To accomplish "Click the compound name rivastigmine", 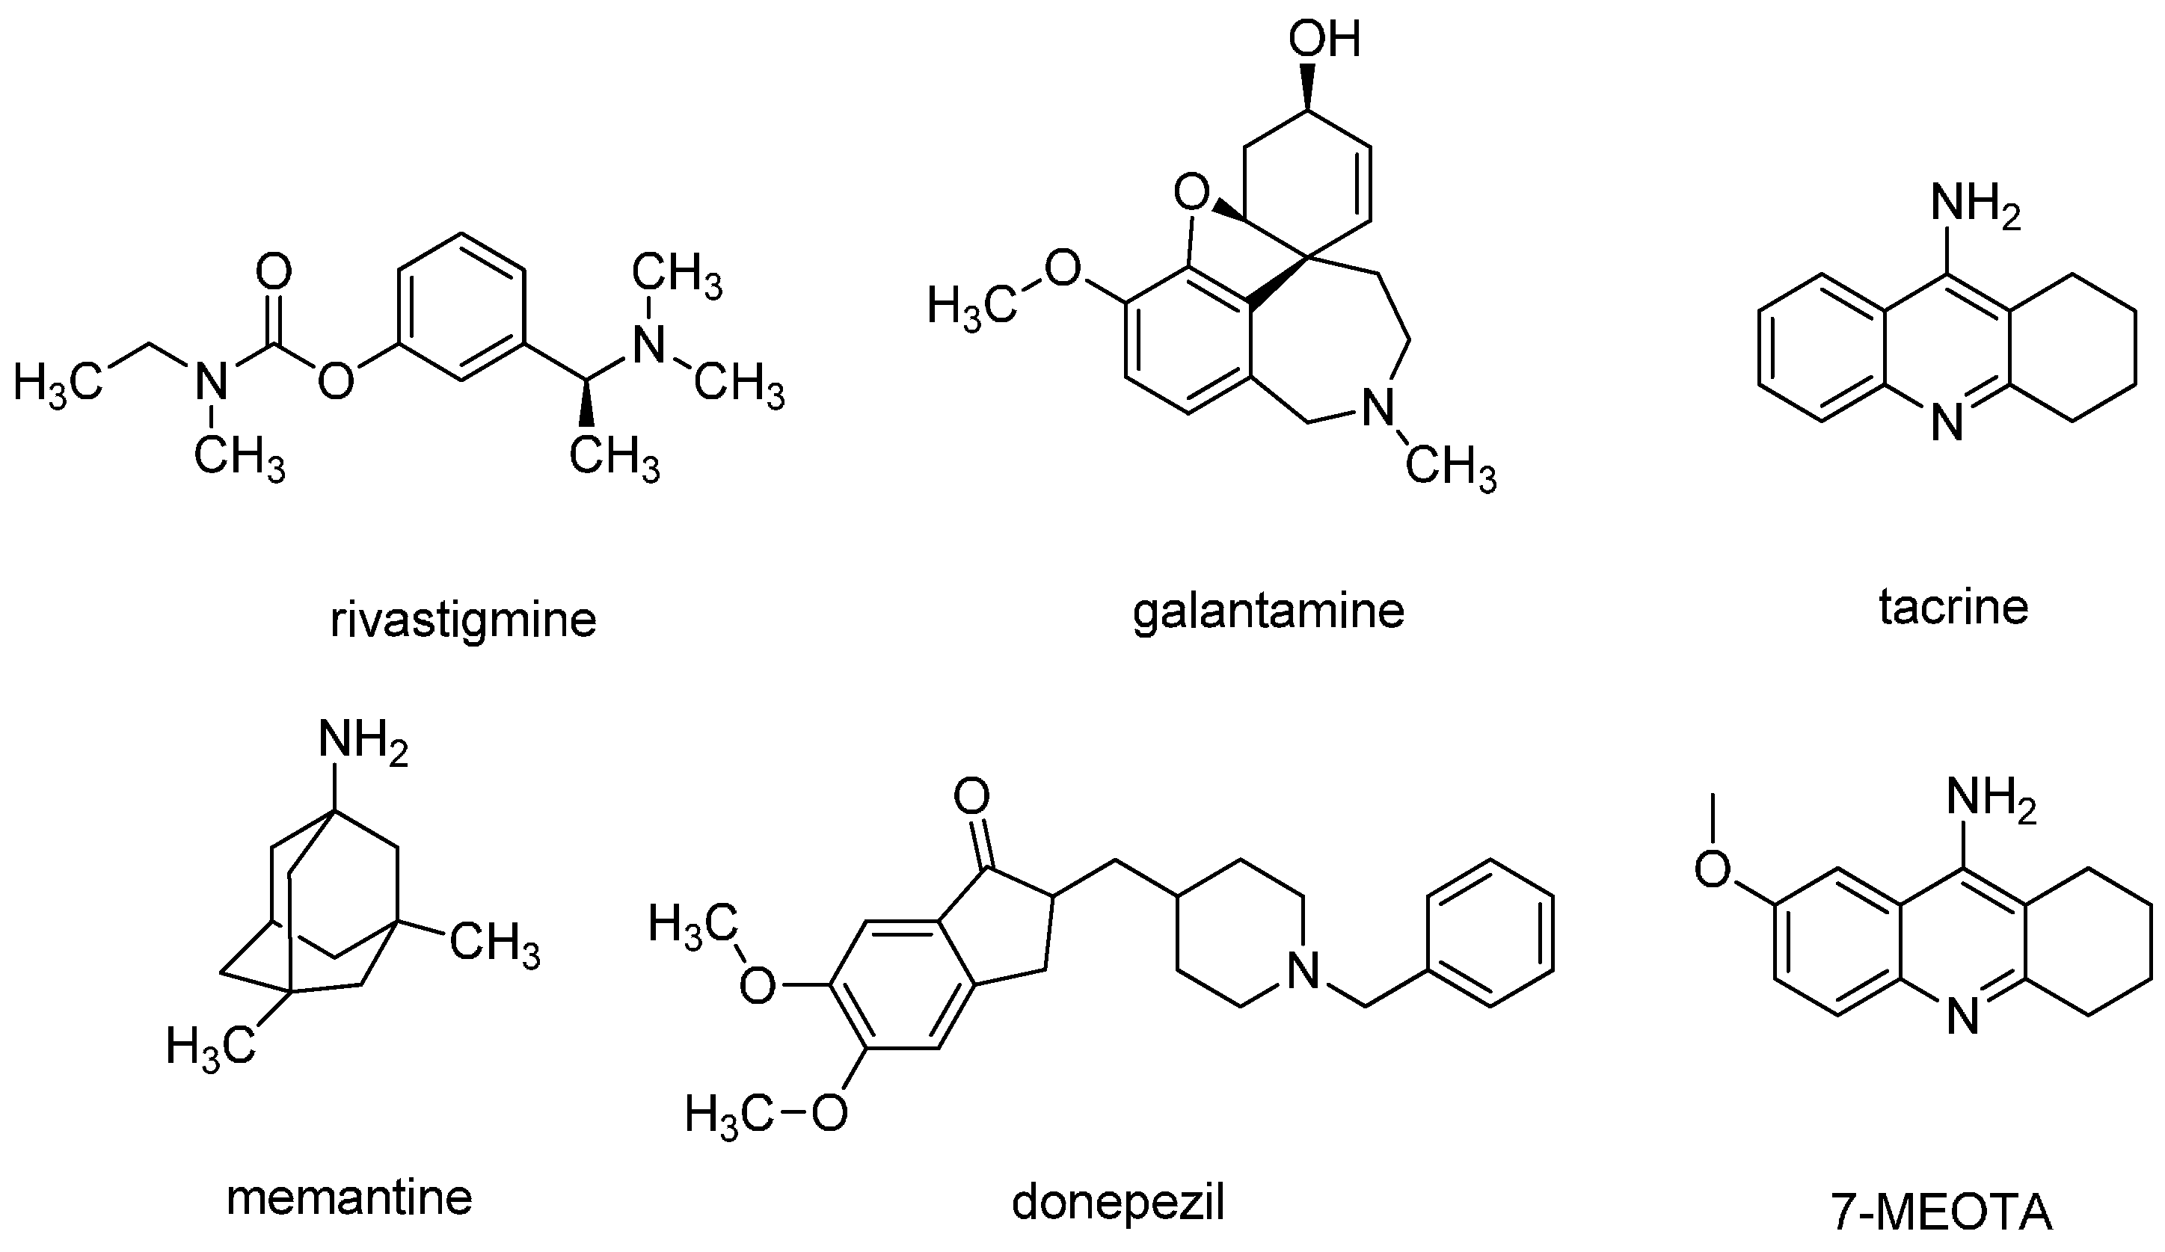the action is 463,620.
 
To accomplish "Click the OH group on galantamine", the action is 1324,40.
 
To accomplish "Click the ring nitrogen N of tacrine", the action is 1947,423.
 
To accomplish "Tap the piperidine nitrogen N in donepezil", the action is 1303,972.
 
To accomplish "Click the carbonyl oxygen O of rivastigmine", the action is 274,274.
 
